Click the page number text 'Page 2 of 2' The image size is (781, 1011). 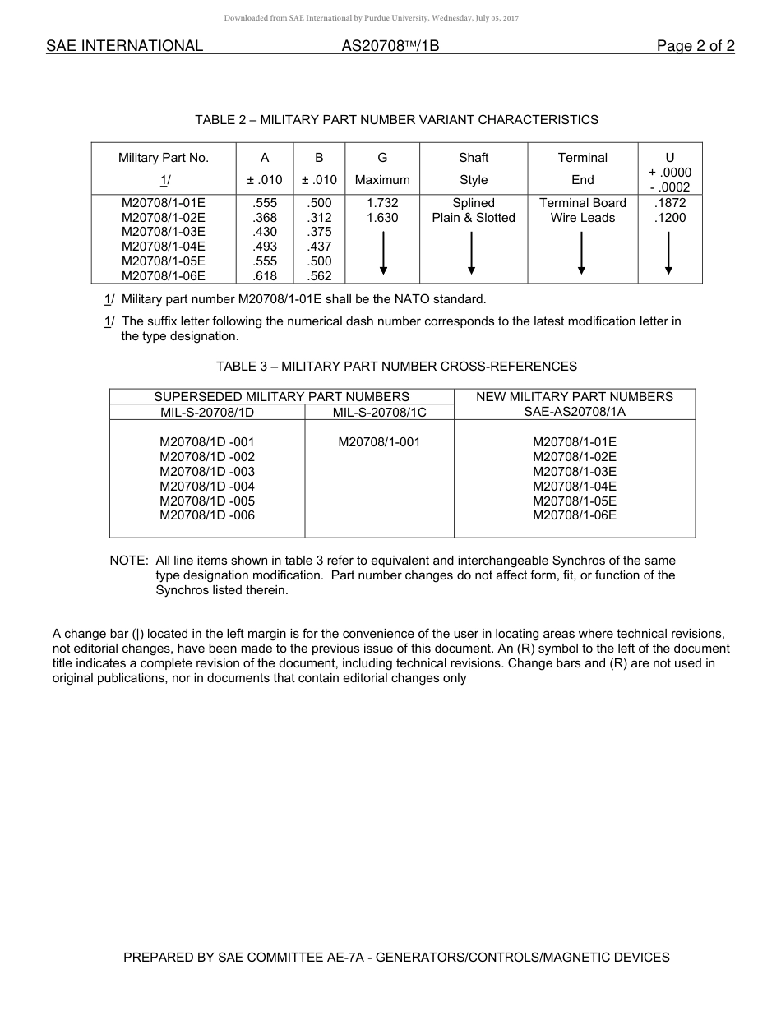click(x=695, y=46)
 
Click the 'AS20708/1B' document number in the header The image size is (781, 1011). click(x=390, y=46)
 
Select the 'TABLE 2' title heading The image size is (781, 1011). click(x=396, y=120)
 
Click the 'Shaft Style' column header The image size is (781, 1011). click(x=474, y=168)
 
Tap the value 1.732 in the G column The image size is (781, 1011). click(x=382, y=203)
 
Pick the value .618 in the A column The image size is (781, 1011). click(x=266, y=276)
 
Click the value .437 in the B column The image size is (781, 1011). click(x=319, y=247)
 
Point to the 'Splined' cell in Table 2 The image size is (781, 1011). click(x=474, y=203)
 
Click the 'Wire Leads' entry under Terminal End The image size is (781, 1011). click(x=582, y=218)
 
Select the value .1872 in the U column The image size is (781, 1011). click(x=669, y=203)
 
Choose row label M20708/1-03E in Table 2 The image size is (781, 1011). click(x=164, y=232)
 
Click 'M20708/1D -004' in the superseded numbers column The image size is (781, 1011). click(x=207, y=487)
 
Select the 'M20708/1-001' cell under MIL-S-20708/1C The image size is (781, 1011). click(x=379, y=442)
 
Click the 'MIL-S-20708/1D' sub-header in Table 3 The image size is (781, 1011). click(x=207, y=412)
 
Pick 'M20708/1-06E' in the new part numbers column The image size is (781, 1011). click(x=575, y=515)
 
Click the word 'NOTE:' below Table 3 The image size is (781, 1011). click(x=129, y=561)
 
